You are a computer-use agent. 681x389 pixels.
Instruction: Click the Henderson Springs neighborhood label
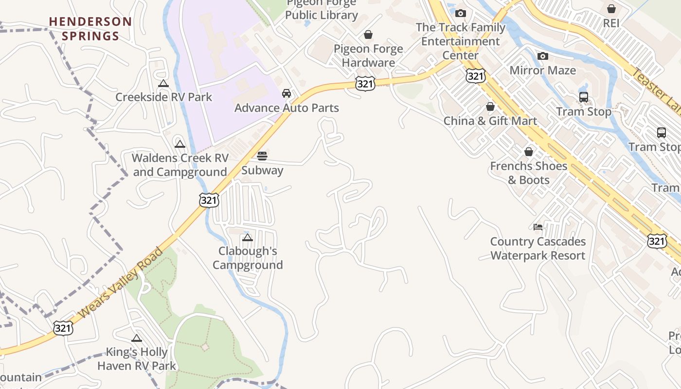point(90,29)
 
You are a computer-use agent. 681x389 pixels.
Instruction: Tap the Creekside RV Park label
point(163,97)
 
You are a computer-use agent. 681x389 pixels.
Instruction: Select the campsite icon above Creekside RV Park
point(163,84)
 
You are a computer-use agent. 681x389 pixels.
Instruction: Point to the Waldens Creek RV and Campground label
point(180,165)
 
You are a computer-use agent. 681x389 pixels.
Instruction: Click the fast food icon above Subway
point(262,156)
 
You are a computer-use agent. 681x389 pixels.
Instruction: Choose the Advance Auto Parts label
point(287,107)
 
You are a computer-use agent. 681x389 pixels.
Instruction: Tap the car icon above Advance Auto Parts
point(287,93)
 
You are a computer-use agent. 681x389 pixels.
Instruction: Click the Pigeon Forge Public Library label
point(322,10)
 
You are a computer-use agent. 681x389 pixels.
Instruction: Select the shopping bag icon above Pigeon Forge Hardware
point(368,35)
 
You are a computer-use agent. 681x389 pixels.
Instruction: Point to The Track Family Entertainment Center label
point(460,41)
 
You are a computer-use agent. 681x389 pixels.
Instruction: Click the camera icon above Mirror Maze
point(542,56)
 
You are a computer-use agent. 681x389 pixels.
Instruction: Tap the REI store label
point(611,23)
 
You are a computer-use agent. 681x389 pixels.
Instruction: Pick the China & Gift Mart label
point(490,121)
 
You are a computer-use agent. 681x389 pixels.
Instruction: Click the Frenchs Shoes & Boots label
point(529,173)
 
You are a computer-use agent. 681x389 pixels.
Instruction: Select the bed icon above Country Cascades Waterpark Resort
point(538,227)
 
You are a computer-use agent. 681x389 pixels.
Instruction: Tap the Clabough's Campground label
point(248,258)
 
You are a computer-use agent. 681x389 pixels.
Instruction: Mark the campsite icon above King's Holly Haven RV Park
point(137,338)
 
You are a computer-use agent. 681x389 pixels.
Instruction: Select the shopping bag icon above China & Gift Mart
point(490,106)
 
